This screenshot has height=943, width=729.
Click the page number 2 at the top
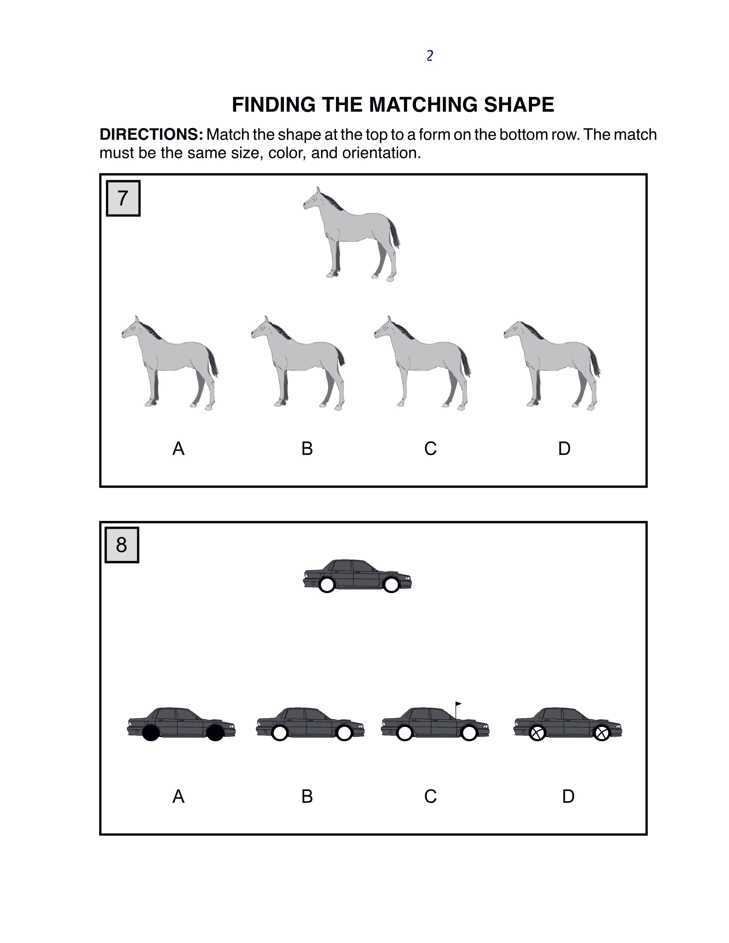(430, 56)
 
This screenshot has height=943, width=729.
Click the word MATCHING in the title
(424, 104)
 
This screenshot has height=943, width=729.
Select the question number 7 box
(123, 198)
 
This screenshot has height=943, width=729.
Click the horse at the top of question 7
(351, 234)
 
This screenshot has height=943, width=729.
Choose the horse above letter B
(298, 363)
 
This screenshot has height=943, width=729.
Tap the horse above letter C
(422, 363)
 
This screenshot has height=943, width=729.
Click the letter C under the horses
(430, 449)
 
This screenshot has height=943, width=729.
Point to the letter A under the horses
(178, 449)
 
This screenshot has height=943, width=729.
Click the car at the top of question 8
(357, 576)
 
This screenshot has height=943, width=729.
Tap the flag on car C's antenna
(458, 704)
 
